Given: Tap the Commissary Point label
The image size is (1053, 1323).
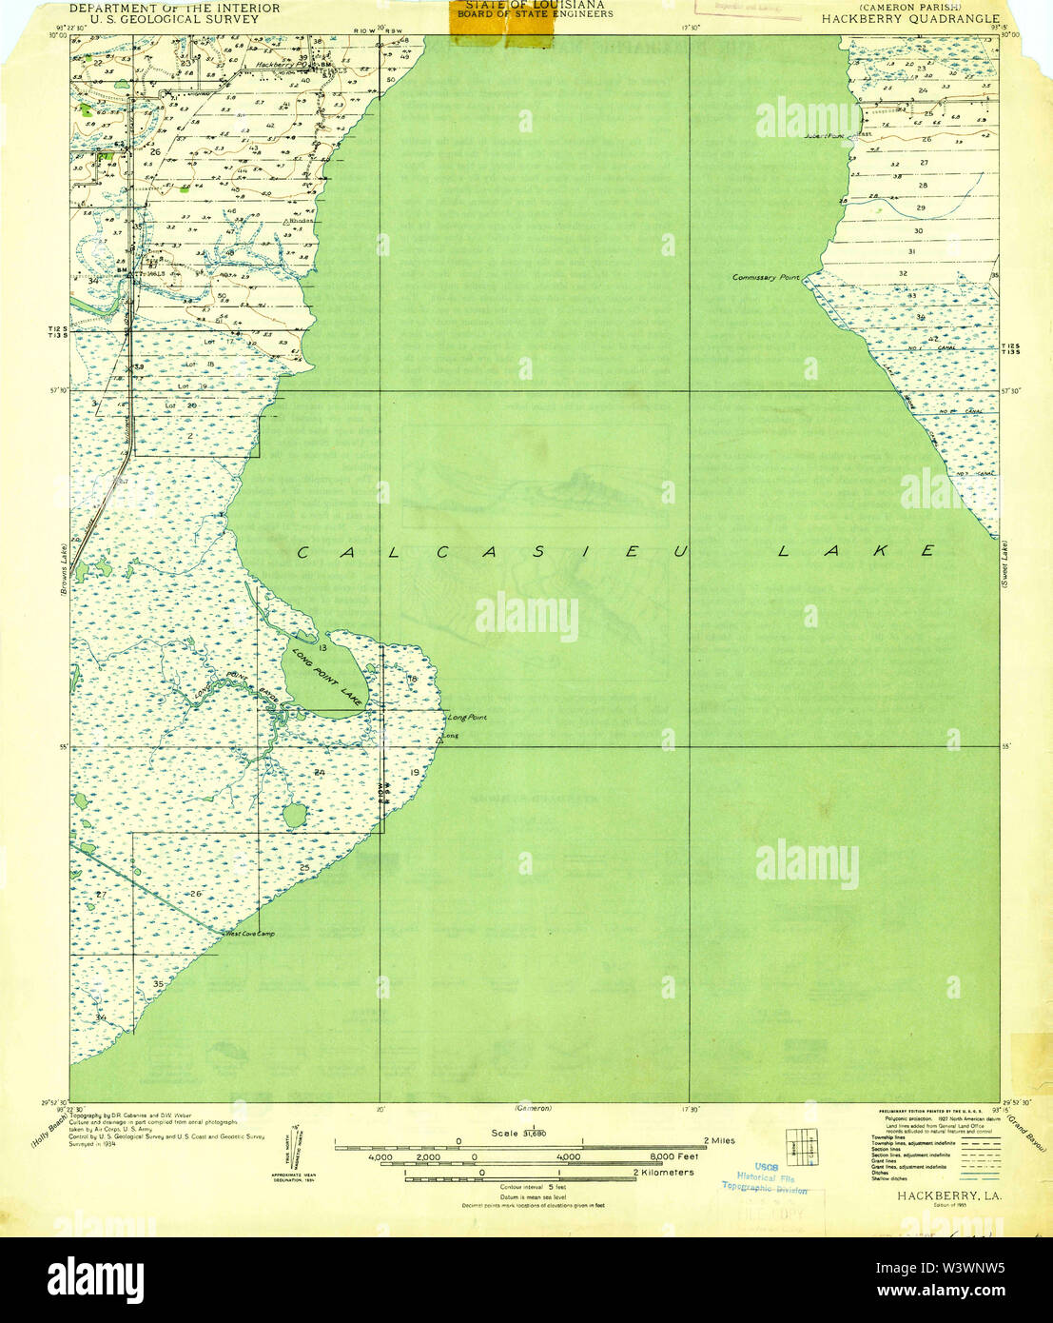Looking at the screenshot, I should click(x=766, y=277).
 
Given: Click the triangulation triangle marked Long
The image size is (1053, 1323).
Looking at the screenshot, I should click(x=439, y=738).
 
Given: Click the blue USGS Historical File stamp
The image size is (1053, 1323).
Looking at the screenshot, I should click(x=765, y=1178).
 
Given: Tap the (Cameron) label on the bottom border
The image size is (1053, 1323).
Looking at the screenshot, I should click(x=533, y=1108).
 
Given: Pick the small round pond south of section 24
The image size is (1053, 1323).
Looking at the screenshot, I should click(x=295, y=815).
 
